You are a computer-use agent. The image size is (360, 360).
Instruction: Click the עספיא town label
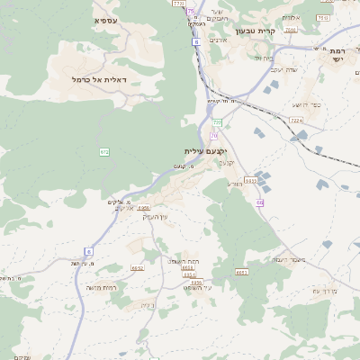(104, 19)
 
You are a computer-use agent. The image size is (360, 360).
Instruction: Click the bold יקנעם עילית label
(206, 151)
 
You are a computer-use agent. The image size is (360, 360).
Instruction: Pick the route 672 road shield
(104, 151)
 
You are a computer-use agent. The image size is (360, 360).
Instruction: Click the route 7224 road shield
(296, 119)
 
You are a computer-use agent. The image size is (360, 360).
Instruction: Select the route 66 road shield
(260, 203)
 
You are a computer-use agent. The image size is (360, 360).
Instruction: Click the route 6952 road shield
(138, 267)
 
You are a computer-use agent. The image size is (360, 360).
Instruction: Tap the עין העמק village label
(156, 217)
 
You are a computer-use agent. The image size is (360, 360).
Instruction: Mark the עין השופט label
(196, 286)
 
